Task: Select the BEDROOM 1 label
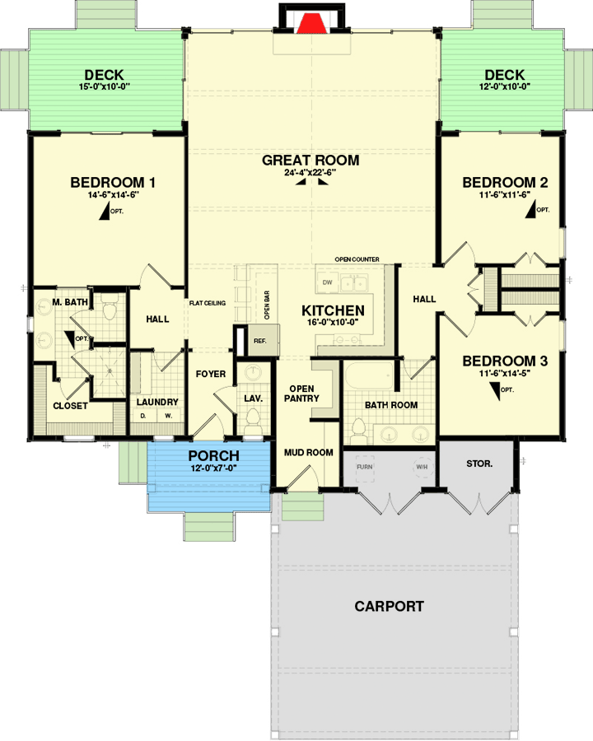(113, 183)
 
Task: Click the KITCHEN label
(333, 310)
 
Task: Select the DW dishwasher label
(327, 283)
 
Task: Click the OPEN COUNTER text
(357, 259)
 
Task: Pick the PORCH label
(213, 455)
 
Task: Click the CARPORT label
(389, 607)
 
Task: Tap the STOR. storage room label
(479, 464)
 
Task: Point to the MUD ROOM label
(308, 452)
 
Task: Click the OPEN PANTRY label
(301, 394)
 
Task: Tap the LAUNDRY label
(157, 402)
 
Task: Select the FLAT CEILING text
(209, 304)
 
